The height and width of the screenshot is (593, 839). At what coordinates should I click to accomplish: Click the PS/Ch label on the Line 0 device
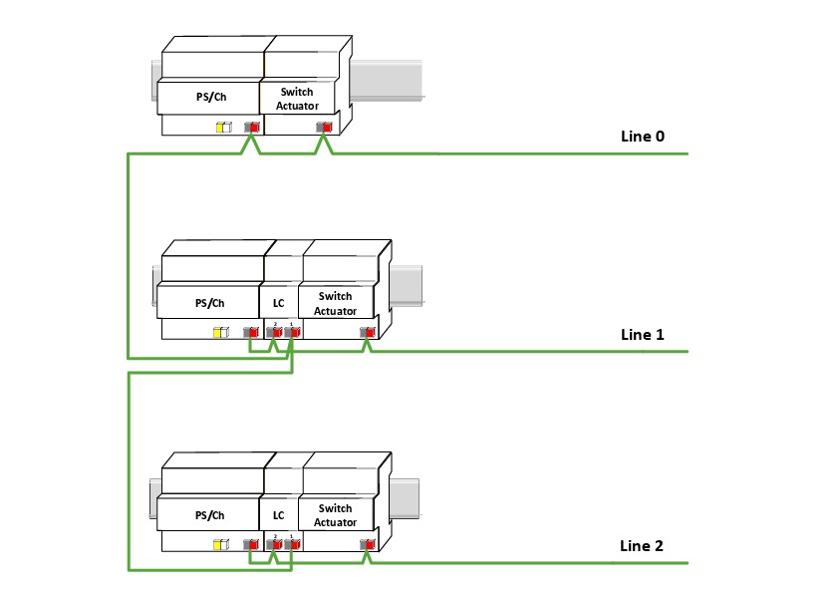209,99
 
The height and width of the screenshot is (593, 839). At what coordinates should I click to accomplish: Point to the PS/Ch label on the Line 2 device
209,515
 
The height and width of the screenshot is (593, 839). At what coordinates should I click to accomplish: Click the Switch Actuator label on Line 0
296,99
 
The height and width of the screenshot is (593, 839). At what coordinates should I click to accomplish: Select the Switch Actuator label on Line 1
335,303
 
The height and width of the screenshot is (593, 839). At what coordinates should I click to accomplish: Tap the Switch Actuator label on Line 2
335,515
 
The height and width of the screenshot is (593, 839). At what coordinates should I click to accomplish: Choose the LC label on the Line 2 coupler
278,515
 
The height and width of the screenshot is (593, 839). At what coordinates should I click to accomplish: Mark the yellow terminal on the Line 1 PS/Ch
219,332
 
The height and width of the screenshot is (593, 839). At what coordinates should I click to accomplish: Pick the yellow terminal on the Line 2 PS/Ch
220,544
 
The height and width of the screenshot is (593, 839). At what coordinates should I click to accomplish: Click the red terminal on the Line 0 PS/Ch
254,128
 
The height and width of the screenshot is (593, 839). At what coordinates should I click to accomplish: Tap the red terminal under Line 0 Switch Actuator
327,128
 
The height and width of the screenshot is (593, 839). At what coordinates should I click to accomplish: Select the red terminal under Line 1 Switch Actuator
370,332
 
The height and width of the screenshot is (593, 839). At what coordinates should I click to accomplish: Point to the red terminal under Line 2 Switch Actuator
370,544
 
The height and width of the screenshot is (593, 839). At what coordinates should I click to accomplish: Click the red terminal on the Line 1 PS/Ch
253,332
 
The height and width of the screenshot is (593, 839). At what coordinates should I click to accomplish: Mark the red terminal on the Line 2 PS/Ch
253,544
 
